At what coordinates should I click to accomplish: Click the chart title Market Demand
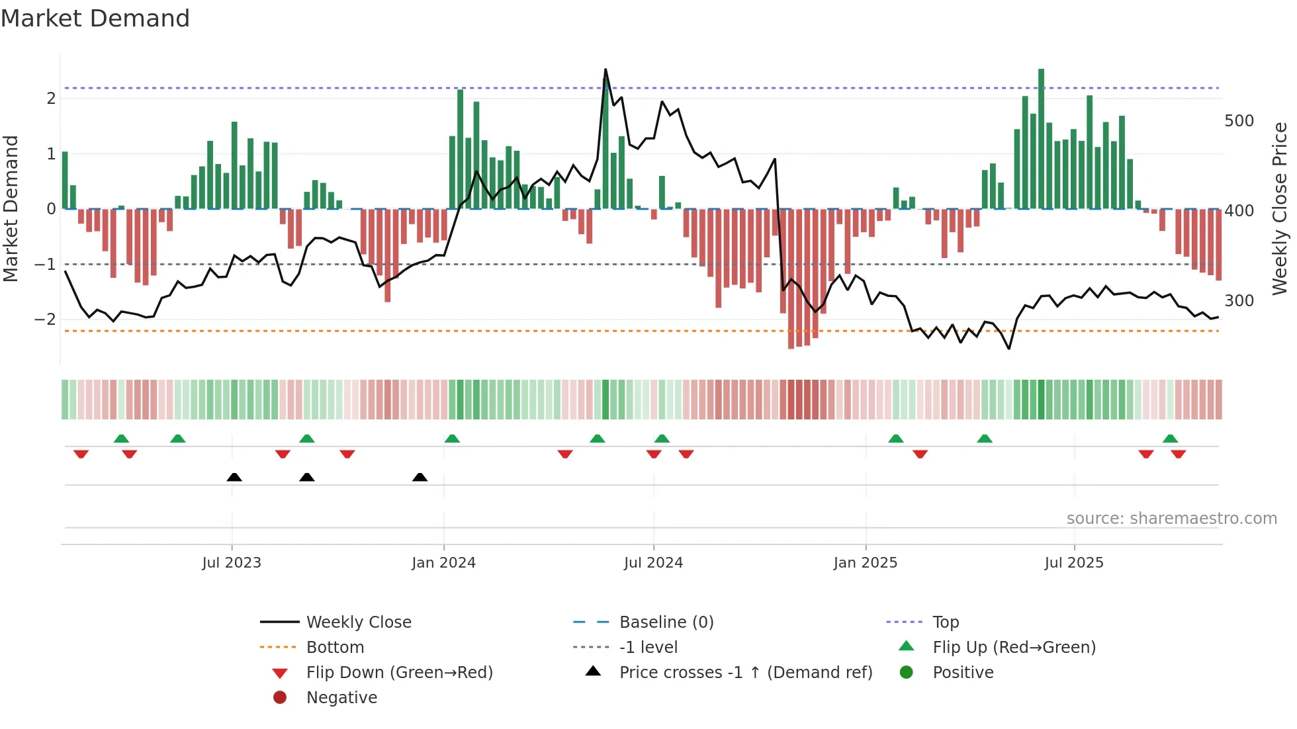pos(95,19)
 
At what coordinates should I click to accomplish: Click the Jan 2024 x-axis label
pos(443,563)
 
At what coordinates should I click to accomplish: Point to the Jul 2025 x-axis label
pos(1074,563)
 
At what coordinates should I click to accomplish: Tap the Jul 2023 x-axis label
pos(232,563)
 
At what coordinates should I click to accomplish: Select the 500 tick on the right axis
pos(1239,121)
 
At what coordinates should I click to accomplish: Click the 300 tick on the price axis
pos(1239,301)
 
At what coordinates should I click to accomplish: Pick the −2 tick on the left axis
pos(45,320)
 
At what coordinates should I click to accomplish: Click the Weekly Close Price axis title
pos(1280,208)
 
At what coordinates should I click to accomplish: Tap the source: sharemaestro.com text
pos(1171,519)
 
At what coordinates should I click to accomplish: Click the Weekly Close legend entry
pos(358,622)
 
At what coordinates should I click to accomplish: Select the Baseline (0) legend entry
pos(666,622)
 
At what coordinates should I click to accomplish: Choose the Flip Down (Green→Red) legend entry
pos(399,673)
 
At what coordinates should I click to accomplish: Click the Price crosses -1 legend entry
pos(745,673)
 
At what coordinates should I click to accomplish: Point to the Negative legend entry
pos(341,698)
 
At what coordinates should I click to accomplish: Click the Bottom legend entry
pos(335,648)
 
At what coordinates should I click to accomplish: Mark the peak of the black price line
pos(605,69)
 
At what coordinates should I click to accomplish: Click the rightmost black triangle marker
pos(420,477)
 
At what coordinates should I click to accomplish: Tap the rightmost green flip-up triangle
pos(1170,439)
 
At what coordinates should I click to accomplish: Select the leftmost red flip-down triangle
pos(81,454)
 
